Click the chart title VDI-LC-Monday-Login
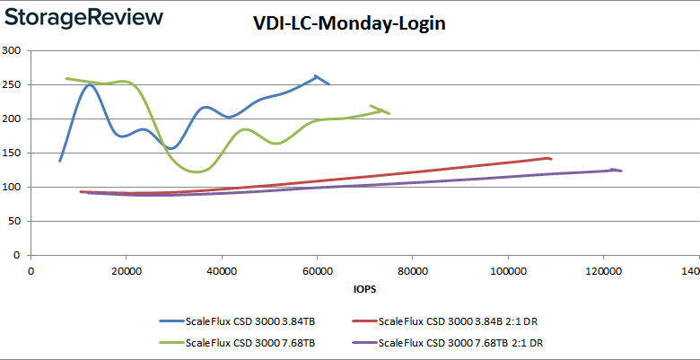349,24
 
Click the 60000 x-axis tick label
317,268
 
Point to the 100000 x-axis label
507,268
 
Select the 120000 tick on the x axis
603,268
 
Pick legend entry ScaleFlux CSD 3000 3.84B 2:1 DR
456,320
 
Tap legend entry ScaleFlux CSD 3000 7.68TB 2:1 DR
459,342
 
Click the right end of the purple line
621,171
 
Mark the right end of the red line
551,159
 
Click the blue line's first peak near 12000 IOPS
90,84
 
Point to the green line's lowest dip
198,171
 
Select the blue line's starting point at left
60,161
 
